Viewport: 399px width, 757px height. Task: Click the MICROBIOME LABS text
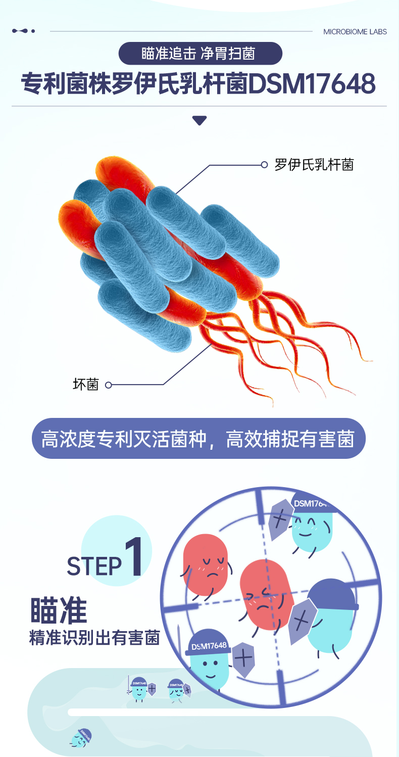(x=355, y=31)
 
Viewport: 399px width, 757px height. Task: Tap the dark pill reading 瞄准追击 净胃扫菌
(x=199, y=54)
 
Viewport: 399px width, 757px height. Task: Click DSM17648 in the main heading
(x=312, y=84)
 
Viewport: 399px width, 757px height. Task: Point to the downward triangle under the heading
(x=199, y=121)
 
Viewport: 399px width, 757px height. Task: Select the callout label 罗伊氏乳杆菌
(x=314, y=165)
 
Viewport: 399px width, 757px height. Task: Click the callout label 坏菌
(x=85, y=385)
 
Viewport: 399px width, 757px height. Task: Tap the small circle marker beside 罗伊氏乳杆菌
(x=264, y=165)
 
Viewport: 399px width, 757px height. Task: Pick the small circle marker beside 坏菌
(x=108, y=385)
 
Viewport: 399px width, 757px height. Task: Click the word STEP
(x=94, y=566)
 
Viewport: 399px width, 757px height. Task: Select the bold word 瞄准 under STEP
(x=59, y=610)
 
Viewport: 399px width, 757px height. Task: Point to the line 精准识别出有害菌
(x=94, y=637)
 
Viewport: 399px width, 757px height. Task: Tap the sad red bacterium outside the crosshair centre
(x=206, y=565)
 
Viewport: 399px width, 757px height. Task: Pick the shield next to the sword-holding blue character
(x=243, y=658)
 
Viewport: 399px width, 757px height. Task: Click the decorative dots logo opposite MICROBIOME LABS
(x=23, y=31)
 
